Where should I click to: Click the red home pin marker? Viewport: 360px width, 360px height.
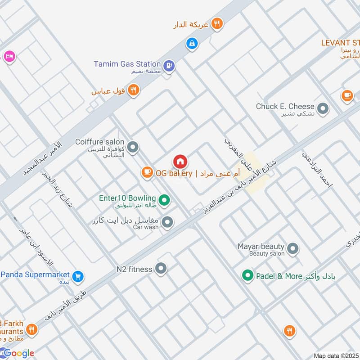point(180,162)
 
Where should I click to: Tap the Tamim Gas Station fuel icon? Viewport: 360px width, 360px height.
point(169,66)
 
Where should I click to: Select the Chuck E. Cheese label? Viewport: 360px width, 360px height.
point(285,106)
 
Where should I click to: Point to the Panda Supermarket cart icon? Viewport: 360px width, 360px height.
point(78,276)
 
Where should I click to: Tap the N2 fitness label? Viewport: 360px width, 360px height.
point(134,269)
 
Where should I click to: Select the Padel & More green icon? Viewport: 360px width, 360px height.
point(247,276)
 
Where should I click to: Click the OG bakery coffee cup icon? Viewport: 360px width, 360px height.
point(147,172)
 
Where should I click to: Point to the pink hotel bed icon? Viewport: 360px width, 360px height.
point(9,56)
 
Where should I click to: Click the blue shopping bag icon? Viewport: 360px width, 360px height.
point(192,44)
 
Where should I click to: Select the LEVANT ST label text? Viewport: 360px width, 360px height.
point(340,43)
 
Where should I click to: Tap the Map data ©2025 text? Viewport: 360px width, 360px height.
point(336,355)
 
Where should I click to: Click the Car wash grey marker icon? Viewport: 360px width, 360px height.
point(167,222)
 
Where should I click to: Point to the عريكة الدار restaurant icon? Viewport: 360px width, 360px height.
point(217,24)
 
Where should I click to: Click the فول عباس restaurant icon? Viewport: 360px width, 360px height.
point(133,90)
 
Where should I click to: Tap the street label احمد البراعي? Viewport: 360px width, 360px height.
point(317,169)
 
